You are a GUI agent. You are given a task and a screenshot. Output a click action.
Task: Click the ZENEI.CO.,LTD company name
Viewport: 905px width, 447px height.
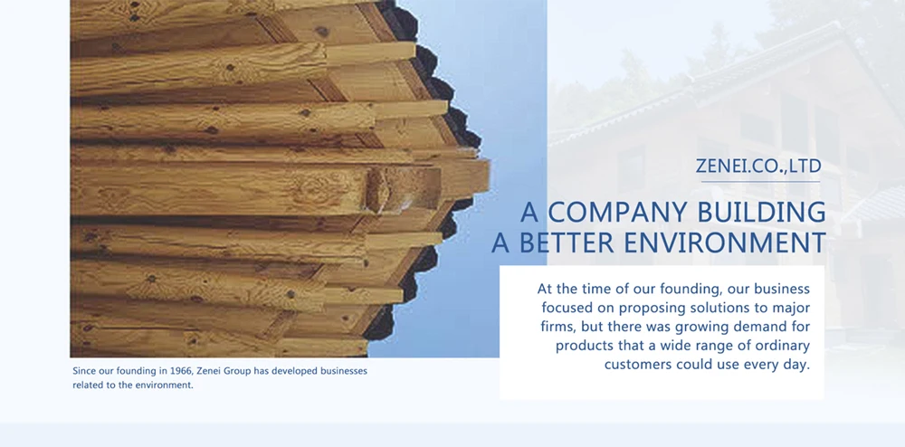[x=757, y=166]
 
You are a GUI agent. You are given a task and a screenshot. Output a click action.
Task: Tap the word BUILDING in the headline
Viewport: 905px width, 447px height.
[x=761, y=213]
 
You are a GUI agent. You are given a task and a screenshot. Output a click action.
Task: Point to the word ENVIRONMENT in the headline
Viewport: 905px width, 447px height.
[x=725, y=243]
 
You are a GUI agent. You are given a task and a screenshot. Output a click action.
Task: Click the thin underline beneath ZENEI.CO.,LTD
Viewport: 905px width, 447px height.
[x=761, y=182]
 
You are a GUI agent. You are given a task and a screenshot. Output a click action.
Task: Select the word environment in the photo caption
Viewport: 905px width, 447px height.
[x=165, y=385]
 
